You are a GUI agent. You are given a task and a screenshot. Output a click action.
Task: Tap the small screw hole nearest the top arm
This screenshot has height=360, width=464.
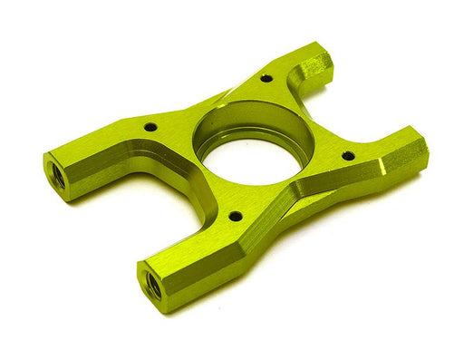point(266,78)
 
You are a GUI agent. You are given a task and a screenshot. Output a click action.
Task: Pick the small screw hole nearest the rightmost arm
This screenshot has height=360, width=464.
point(348,156)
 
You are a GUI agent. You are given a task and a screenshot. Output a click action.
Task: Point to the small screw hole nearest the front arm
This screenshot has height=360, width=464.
point(235,216)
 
